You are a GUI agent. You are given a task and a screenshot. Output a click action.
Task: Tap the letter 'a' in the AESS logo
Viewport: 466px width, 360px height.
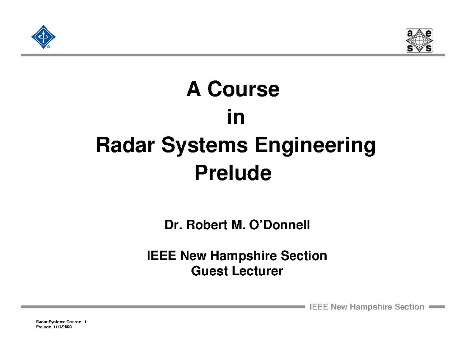tap(410, 33)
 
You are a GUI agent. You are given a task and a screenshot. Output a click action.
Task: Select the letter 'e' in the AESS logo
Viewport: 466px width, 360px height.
tap(428, 33)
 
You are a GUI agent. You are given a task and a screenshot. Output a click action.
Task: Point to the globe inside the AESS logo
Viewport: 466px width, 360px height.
tap(419, 40)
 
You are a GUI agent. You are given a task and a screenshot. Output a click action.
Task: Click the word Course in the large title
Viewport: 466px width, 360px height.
tap(243, 90)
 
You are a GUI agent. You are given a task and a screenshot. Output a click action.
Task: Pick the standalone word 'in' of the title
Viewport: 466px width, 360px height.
tap(236, 118)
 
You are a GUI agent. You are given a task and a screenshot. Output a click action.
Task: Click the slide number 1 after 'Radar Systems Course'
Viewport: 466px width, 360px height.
tap(85, 322)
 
